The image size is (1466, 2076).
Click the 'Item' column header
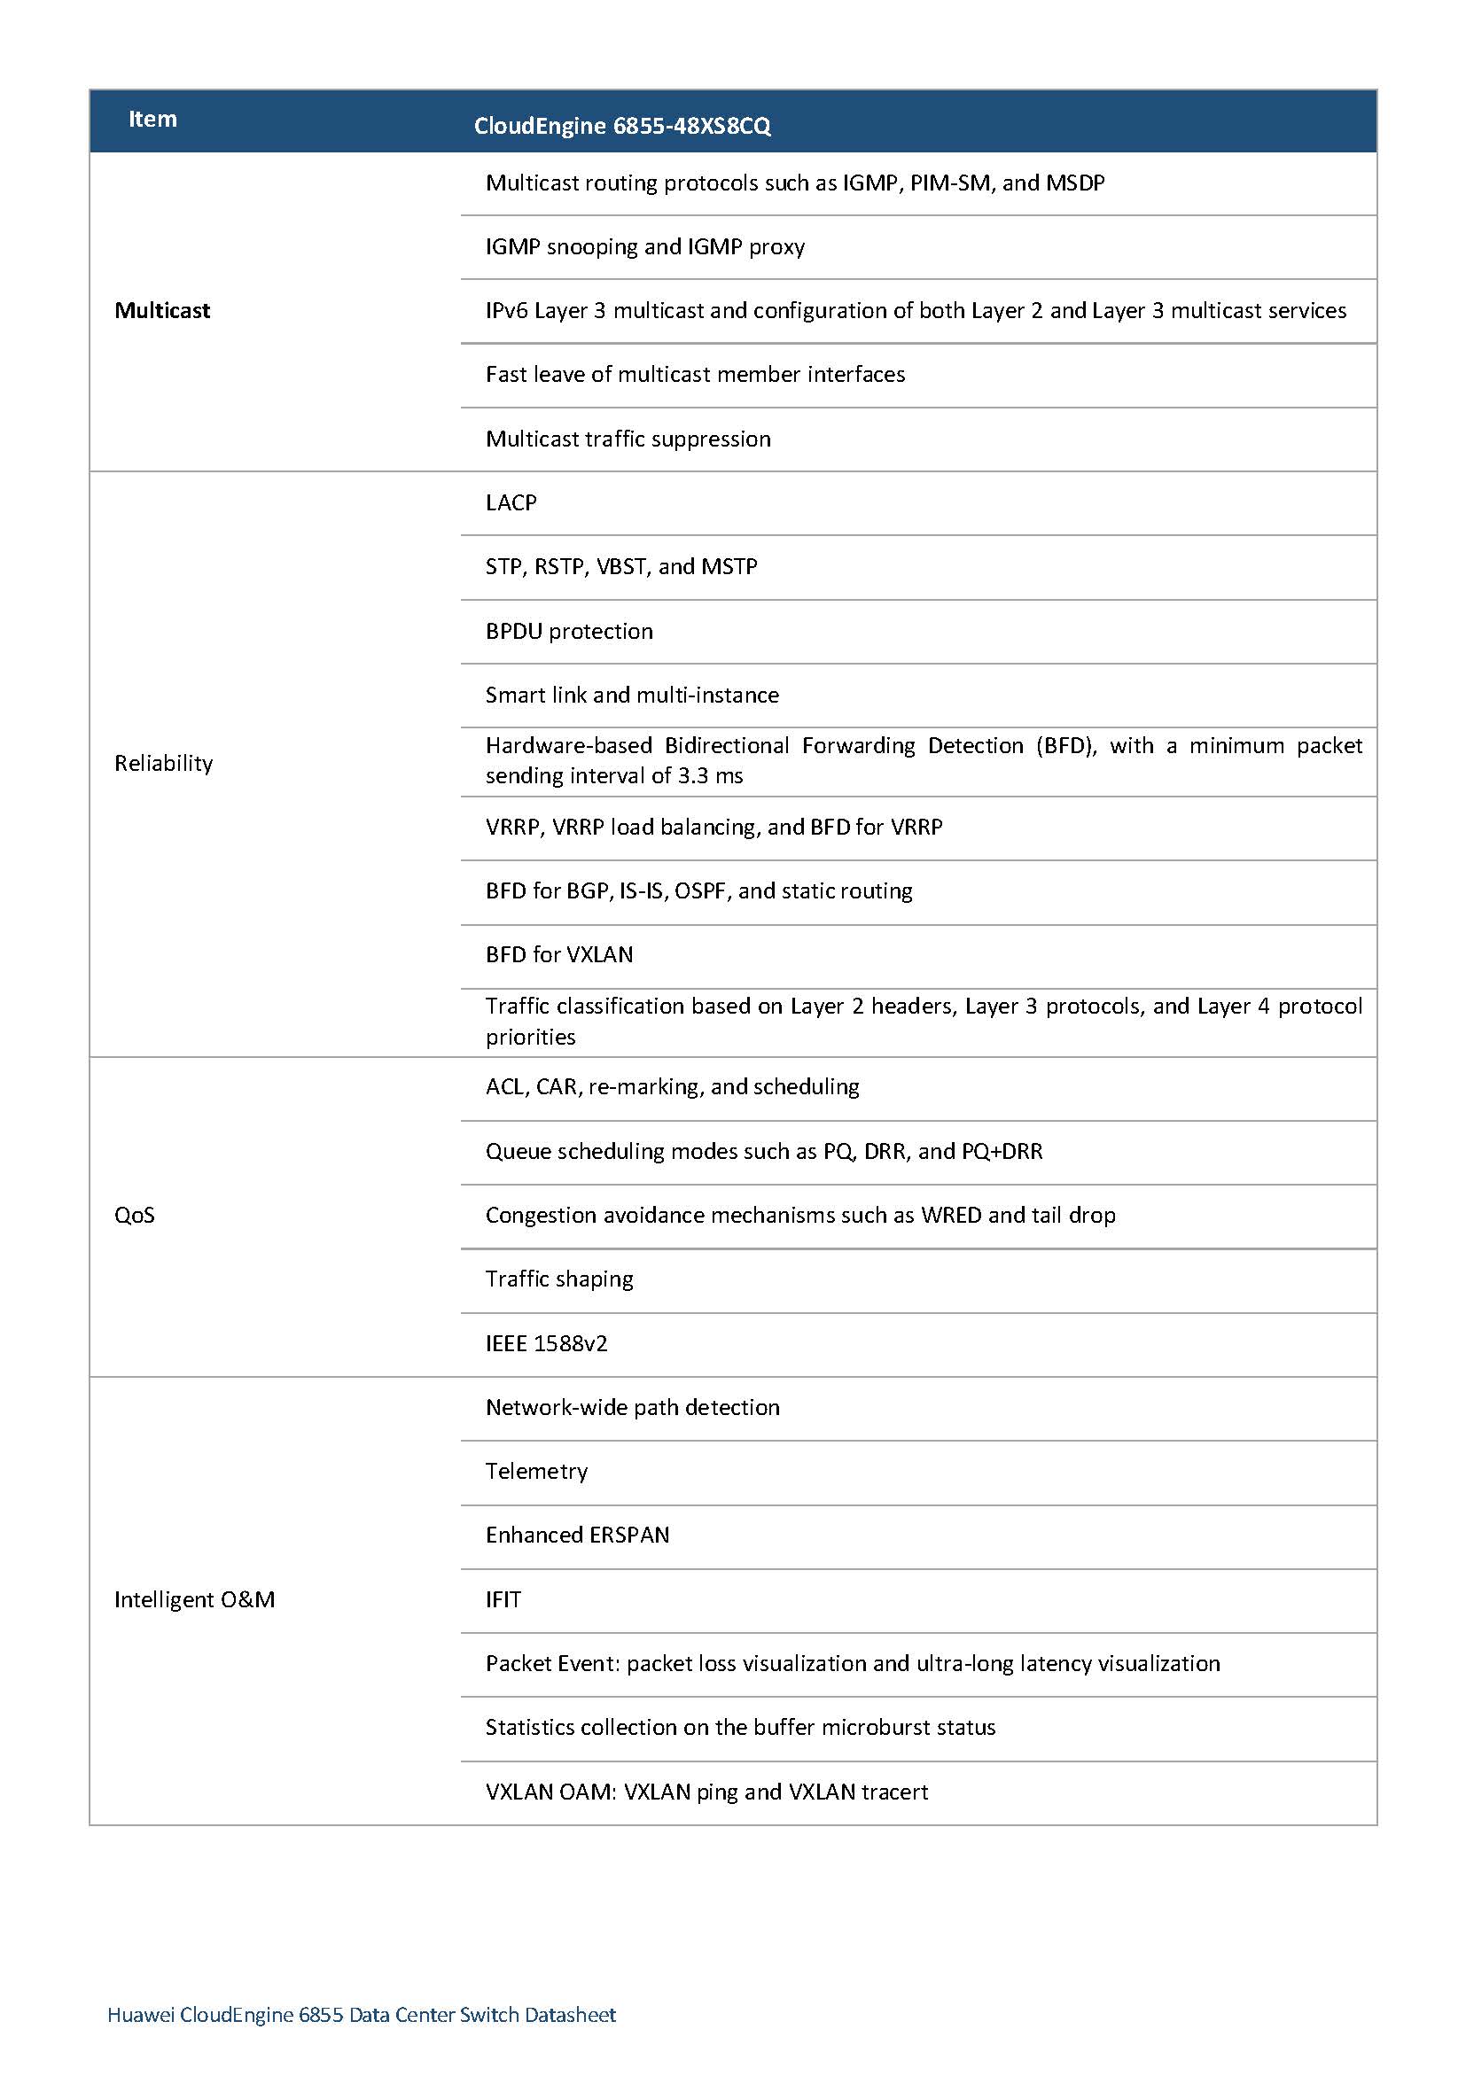tap(152, 120)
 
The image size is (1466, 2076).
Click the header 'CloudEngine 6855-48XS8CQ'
tap(622, 126)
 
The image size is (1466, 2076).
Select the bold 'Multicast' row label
tap(162, 311)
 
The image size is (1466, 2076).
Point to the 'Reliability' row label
tap(164, 764)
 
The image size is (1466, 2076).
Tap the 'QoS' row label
tap(135, 1216)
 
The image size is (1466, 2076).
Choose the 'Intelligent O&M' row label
tap(194, 1599)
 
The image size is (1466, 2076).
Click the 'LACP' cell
tap(511, 502)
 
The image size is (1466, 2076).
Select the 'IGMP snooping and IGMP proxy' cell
tap(645, 247)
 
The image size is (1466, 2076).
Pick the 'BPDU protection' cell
tap(569, 631)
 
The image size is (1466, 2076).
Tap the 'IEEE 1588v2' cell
tap(546, 1343)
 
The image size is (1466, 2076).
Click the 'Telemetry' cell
tap(536, 1471)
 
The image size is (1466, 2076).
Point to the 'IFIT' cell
tap(503, 1599)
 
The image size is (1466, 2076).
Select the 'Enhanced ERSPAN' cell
tap(577, 1536)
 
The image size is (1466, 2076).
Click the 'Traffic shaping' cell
tap(559, 1279)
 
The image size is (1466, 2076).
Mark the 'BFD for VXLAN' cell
tap(559, 955)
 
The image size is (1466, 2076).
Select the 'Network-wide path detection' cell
tap(632, 1408)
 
